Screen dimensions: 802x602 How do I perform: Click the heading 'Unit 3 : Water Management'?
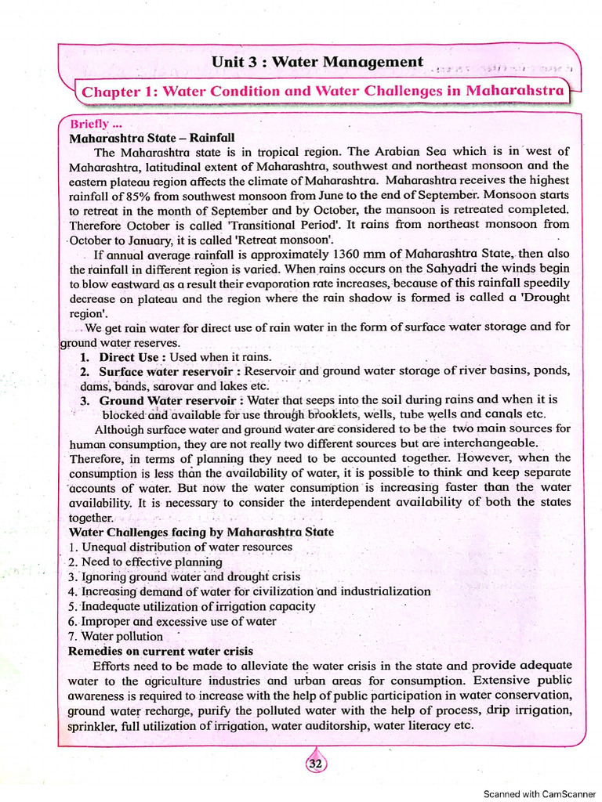pos(317,61)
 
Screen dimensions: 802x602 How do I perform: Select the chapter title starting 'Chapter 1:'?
pos(322,91)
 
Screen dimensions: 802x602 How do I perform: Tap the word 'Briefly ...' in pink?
pos(96,124)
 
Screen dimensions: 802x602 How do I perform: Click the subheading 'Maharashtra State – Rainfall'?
pos(152,138)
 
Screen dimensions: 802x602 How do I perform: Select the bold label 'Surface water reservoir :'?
pos(170,371)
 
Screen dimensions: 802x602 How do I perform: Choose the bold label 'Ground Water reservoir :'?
pos(172,400)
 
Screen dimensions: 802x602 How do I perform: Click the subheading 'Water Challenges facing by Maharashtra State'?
pos(201,532)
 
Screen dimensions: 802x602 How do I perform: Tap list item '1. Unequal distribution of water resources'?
pos(180,547)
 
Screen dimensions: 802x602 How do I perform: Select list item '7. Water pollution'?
pos(116,636)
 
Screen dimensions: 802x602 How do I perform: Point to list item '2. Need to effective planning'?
pos(145,562)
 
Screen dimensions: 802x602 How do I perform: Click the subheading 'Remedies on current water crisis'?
pos(161,651)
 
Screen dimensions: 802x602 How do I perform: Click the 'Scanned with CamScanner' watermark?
pos(539,793)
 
